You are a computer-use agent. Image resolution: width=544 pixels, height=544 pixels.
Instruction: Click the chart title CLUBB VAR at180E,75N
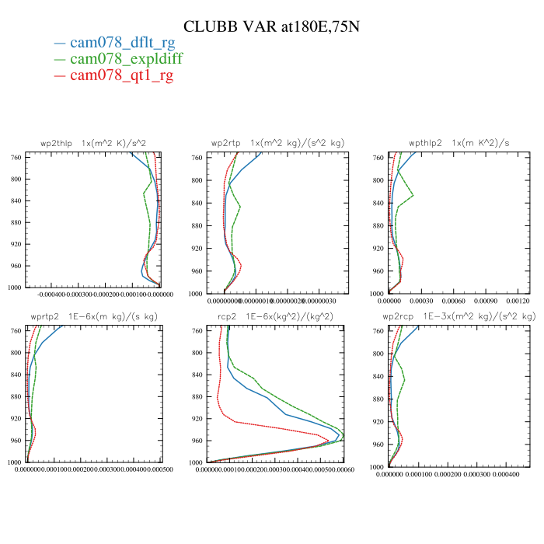(271, 26)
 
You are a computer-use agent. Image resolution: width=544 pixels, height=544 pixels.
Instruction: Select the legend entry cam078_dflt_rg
(122, 44)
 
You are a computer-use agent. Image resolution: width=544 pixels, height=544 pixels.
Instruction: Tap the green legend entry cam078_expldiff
(126, 59)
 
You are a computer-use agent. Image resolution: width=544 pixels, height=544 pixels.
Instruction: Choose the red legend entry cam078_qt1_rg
(121, 75)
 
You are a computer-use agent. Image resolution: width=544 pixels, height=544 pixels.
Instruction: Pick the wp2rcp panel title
(459, 317)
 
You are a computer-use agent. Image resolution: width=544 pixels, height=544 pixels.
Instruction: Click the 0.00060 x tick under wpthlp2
(454, 300)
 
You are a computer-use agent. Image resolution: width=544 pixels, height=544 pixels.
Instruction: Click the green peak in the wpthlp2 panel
(413, 195)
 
